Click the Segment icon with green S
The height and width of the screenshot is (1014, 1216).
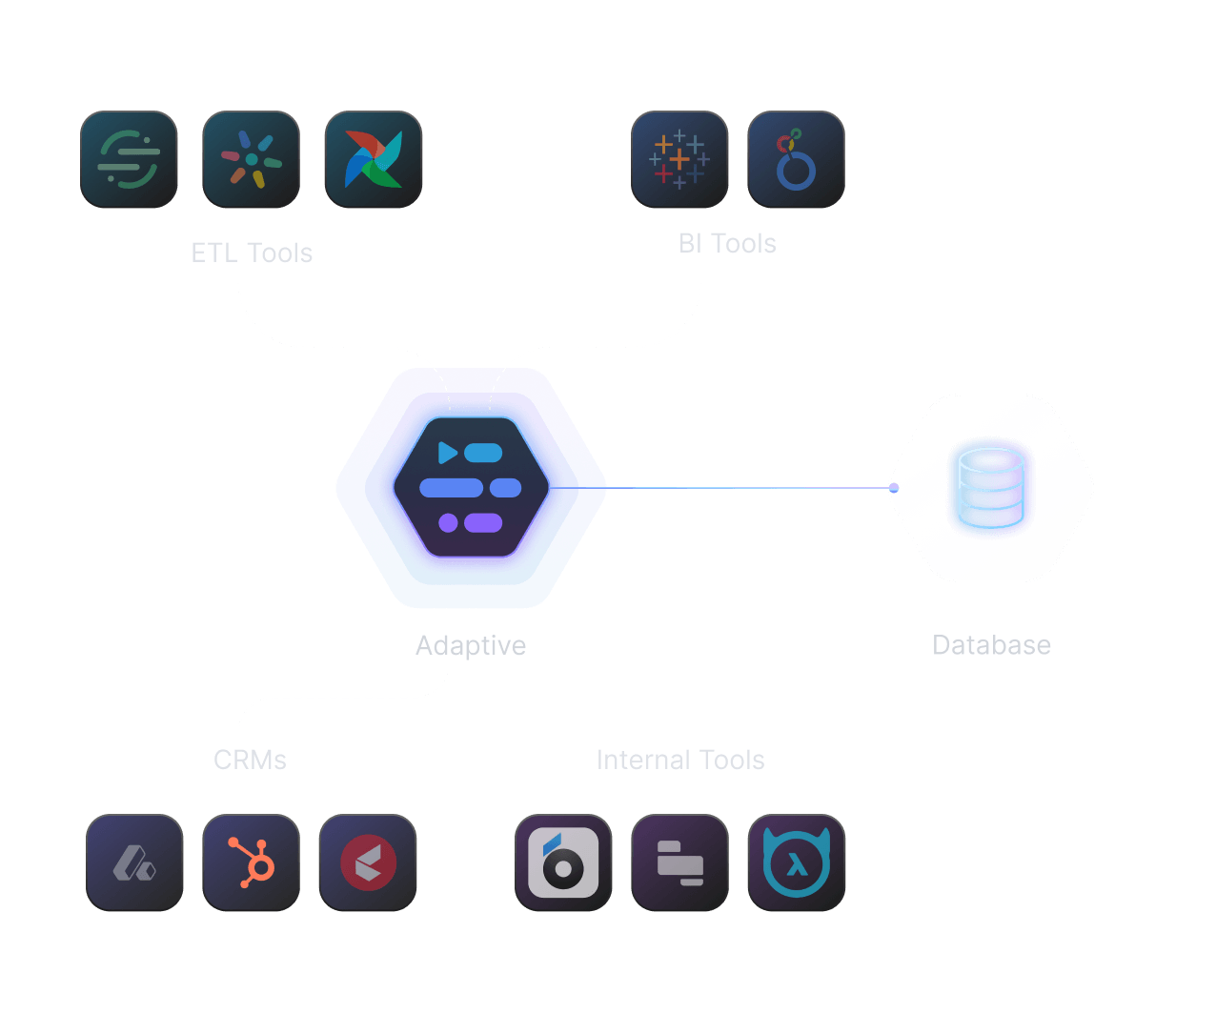[x=129, y=159]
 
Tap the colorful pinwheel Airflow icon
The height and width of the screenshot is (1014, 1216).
[x=373, y=159]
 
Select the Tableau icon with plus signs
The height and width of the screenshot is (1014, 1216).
[x=679, y=159]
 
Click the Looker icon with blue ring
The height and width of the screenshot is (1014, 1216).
[x=796, y=159]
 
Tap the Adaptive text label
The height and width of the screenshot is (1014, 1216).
[x=471, y=645]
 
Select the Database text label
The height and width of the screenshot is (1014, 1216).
[x=991, y=645]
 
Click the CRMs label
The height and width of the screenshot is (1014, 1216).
[x=250, y=760]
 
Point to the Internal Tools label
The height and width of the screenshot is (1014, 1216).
[x=680, y=760]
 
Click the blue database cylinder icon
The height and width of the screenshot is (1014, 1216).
[x=991, y=488]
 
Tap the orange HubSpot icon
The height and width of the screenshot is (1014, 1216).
[x=251, y=862]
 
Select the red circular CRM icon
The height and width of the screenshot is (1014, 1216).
[x=368, y=862]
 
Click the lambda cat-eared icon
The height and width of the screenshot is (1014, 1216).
[x=797, y=862]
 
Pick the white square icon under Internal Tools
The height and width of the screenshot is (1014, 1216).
[x=563, y=862]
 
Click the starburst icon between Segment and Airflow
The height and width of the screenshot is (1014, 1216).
[x=251, y=159]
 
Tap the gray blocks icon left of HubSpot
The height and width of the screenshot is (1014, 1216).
[x=134, y=862]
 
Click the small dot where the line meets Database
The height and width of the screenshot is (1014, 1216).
[x=894, y=488]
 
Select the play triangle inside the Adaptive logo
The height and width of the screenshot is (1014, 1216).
[x=447, y=453]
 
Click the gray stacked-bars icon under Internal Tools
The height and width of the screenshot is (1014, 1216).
[x=679, y=862]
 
